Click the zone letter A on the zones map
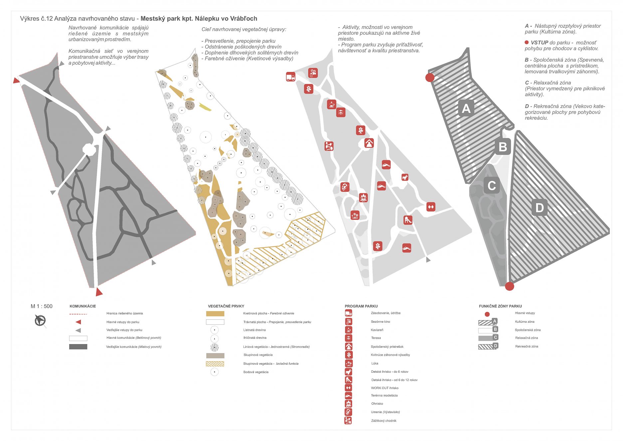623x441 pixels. tap(466, 108)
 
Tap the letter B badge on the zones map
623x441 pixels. tap(503, 147)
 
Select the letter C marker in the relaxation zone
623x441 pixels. tap(492, 186)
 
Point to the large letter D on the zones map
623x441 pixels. tap(539, 208)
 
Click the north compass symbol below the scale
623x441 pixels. tap(40, 321)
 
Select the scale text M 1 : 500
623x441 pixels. tap(42, 306)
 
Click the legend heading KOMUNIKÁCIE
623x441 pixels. tap(83, 306)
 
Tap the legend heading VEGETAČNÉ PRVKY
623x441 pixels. tap(226, 306)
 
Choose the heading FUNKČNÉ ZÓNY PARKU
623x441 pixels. tap(500, 306)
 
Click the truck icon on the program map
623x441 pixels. tap(291, 77)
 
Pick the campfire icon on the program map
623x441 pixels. tap(363, 198)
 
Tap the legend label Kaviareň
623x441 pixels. tap(377, 330)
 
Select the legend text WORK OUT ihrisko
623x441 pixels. tap(384, 388)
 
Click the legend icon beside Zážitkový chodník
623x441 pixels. tap(348, 421)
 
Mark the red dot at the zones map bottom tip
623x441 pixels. tap(509, 286)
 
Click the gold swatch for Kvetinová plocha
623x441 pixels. tap(215, 313)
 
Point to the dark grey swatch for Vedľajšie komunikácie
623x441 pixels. tap(78, 347)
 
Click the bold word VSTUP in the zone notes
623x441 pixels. tap(539, 43)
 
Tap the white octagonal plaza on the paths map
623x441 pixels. tap(89, 149)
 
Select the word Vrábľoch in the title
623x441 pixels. tap(244, 19)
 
